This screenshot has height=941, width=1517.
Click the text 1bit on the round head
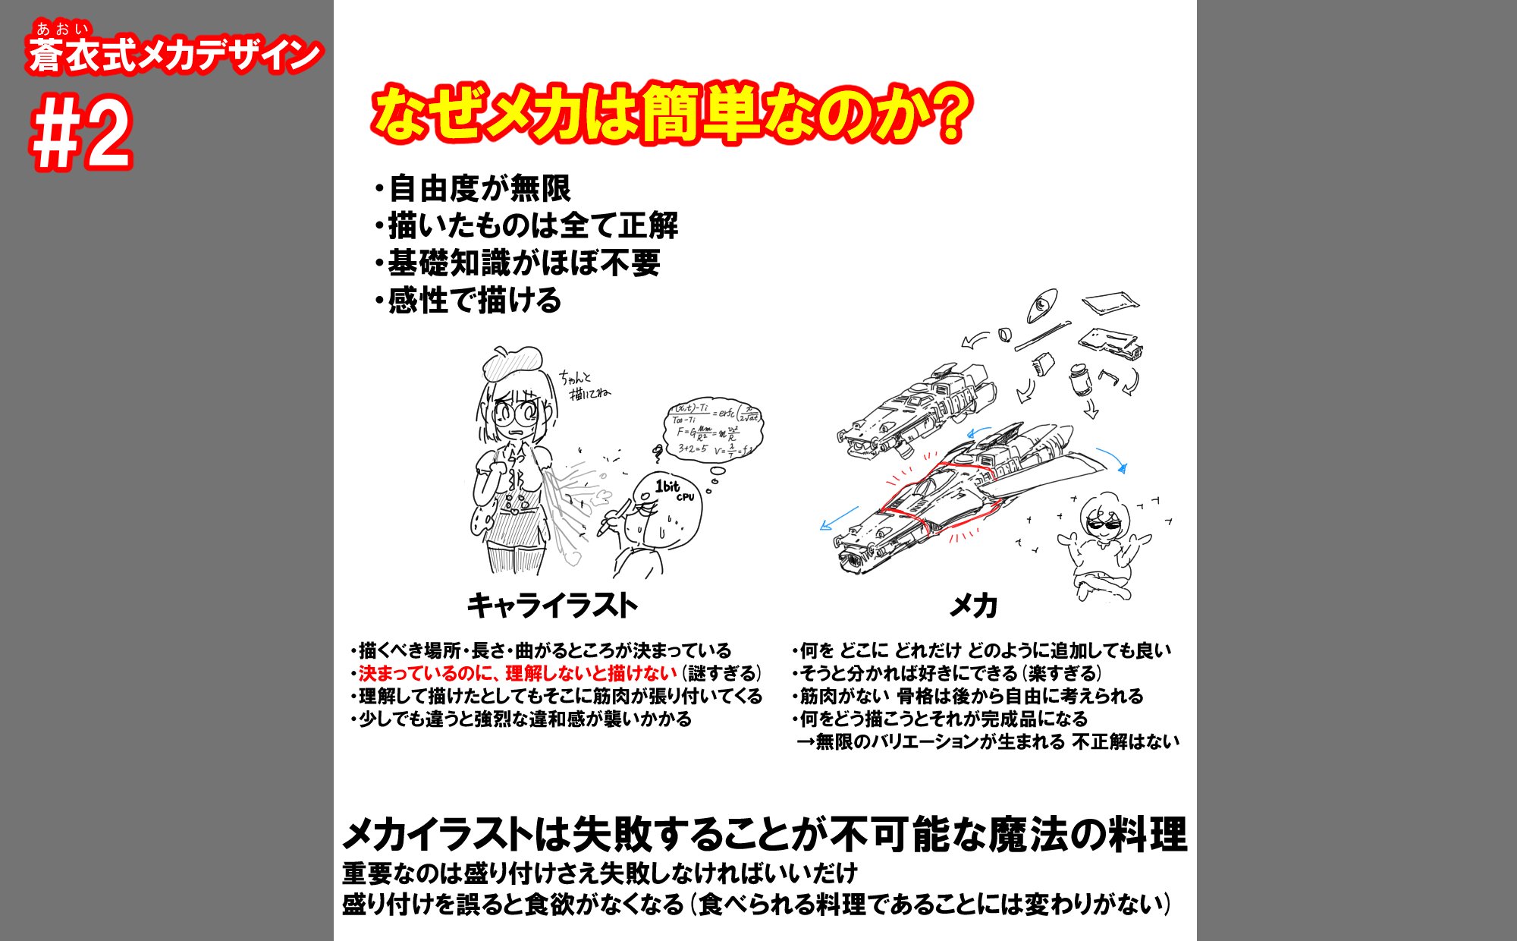point(667,486)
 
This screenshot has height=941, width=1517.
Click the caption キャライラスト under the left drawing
point(551,606)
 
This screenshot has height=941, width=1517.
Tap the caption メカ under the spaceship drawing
point(973,606)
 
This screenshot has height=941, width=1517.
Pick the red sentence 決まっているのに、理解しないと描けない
point(517,673)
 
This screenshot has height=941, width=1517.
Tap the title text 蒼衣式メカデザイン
point(174,55)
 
